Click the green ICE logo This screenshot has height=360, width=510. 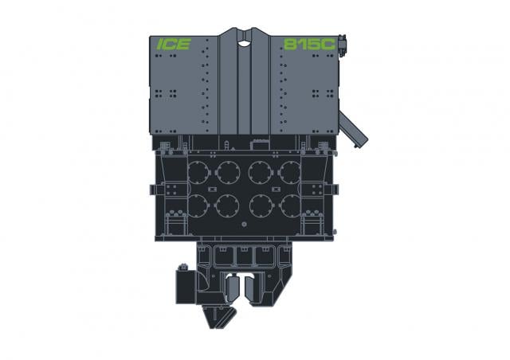[174, 45]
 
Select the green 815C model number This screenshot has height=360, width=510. [309, 45]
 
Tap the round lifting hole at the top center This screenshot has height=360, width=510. [244, 42]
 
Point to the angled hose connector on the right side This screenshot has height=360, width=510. [353, 129]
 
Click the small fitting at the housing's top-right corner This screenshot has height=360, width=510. [342, 45]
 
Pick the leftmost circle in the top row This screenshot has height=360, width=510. [198, 172]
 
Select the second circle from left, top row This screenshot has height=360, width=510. [229, 172]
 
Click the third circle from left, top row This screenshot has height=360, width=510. [261, 172]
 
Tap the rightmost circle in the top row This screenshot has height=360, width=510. [290, 172]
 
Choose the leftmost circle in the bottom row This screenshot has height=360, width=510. [198, 205]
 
